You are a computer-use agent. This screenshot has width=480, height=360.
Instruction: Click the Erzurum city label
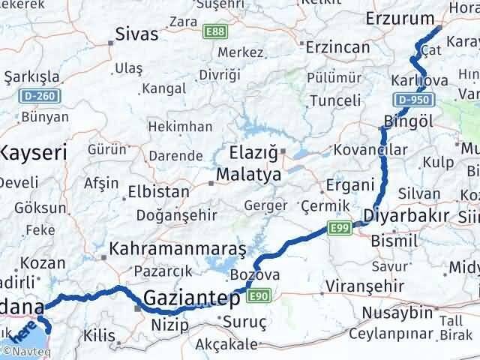point(399,19)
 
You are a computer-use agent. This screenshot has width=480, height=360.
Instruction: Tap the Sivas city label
point(137,34)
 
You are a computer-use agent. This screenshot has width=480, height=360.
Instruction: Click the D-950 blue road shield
point(412,100)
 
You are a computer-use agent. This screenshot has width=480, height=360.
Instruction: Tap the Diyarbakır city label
point(406,217)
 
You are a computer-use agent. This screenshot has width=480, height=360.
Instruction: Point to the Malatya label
point(248,175)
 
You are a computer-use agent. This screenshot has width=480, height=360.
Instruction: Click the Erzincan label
point(337,47)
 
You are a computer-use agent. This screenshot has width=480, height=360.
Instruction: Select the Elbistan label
point(159,191)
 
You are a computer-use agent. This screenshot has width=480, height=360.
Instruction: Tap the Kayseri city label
point(32,153)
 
